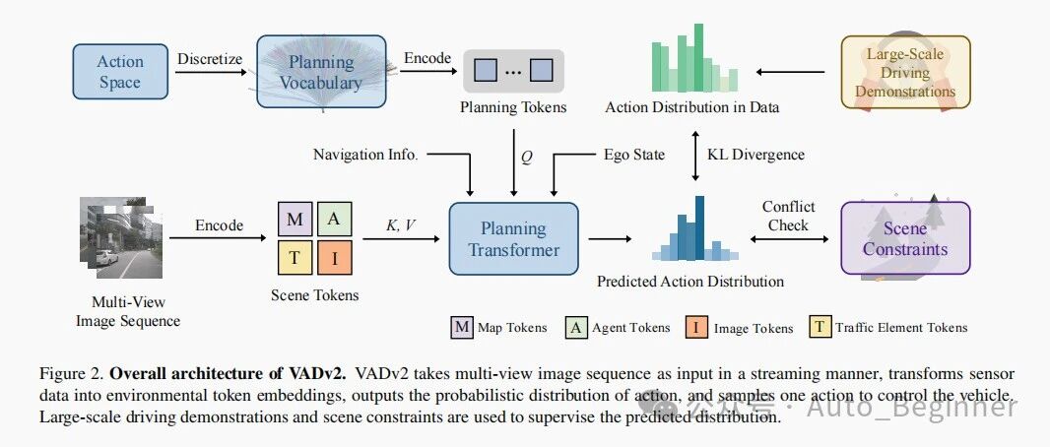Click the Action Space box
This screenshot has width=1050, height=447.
[x=120, y=72]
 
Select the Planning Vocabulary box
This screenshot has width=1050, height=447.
[x=321, y=72]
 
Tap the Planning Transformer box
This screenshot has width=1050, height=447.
[x=513, y=239]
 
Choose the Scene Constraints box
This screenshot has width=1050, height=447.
[x=905, y=239]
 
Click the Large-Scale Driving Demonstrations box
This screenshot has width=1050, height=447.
[x=905, y=72]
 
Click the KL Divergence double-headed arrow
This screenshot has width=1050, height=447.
[x=695, y=156]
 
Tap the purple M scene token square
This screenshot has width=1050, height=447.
[x=295, y=219]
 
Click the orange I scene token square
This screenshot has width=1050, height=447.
[x=335, y=258]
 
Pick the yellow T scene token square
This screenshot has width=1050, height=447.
[x=295, y=258]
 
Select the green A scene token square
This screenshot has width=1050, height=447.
[x=335, y=219]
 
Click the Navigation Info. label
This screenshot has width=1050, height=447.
[x=365, y=156]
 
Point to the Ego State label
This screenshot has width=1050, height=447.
[x=633, y=156]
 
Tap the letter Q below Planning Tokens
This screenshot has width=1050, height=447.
[x=526, y=159]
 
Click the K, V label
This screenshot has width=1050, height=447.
[x=401, y=226]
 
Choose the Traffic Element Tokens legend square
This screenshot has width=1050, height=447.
[x=819, y=327]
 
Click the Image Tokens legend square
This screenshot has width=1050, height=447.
[x=695, y=327]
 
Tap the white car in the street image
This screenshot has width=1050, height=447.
[x=105, y=258]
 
